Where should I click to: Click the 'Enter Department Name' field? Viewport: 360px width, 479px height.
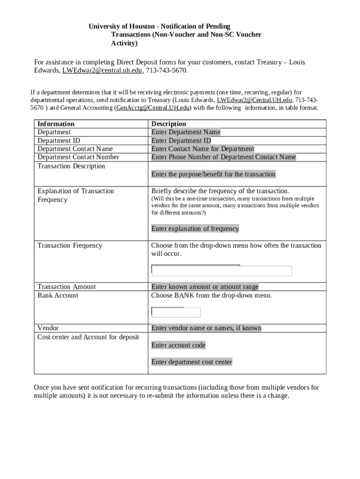(x=186, y=132)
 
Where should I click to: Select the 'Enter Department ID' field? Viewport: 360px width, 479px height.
(x=181, y=141)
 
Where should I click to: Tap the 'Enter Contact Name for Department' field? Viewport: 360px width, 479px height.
(x=202, y=149)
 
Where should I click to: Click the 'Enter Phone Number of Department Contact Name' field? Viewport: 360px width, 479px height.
(x=223, y=157)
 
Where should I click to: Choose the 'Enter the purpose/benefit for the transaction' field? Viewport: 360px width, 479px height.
(x=213, y=174)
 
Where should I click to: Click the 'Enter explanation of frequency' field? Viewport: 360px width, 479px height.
(x=195, y=229)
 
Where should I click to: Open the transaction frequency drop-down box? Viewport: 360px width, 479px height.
(x=222, y=271)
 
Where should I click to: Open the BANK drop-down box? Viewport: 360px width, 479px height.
(x=176, y=312)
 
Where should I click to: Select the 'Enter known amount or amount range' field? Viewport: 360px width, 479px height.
(x=204, y=287)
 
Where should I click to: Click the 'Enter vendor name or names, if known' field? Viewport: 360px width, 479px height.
(x=206, y=328)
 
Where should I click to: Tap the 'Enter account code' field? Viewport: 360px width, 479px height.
(x=178, y=345)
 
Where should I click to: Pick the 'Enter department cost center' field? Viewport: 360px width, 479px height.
(x=192, y=362)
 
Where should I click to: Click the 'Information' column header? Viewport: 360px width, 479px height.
(x=56, y=124)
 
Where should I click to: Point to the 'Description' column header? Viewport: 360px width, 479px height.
(x=168, y=124)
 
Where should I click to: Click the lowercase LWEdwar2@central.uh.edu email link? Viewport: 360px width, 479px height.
(x=102, y=71)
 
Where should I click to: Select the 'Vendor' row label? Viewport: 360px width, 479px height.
(x=48, y=328)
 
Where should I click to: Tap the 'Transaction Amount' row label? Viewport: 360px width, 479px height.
(x=66, y=287)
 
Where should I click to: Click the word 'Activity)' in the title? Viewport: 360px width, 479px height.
(x=124, y=44)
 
